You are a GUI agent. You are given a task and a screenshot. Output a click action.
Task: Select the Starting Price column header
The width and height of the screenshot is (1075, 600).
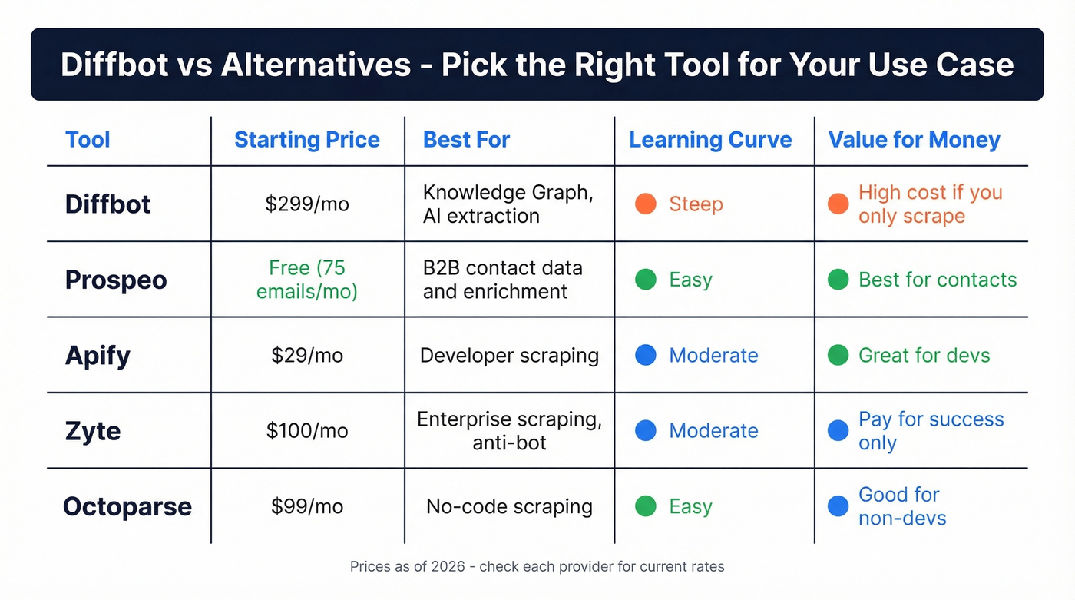[x=306, y=140]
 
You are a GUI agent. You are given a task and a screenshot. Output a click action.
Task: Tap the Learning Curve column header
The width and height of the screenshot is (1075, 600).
[x=710, y=140]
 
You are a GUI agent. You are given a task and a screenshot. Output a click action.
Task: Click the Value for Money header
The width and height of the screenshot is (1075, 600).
[x=914, y=140]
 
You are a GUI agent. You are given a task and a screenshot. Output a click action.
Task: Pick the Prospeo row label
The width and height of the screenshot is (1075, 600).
[x=116, y=280]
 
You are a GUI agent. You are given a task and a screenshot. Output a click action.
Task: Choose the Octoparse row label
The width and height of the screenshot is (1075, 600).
[x=127, y=506]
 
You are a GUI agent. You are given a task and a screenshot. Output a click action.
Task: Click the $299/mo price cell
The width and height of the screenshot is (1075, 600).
[x=307, y=204]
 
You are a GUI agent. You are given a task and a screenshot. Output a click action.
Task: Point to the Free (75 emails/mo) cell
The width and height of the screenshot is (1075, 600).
[x=307, y=280]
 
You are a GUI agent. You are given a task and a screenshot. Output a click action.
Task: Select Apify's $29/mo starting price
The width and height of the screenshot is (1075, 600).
[x=307, y=355]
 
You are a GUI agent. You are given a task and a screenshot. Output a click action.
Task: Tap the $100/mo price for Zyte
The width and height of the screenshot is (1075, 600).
[x=307, y=431]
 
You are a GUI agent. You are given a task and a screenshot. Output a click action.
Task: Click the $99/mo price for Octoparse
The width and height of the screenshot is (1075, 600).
[x=307, y=506]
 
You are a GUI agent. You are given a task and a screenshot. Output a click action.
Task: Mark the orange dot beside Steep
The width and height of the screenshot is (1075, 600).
[x=646, y=204]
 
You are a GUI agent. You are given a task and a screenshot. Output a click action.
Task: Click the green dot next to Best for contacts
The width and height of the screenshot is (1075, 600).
[x=838, y=280]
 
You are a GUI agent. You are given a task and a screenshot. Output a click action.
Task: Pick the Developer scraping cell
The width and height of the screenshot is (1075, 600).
[x=509, y=355]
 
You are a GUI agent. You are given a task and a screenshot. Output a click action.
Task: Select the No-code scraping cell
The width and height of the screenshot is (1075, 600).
[x=509, y=506]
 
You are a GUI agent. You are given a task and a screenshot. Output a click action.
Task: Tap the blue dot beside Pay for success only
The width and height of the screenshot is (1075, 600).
[x=838, y=431]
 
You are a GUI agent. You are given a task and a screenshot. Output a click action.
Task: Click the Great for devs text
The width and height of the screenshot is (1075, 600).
[x=924, y=355]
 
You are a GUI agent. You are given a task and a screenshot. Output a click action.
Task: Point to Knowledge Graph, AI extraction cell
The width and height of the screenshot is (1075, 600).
[x=508, y=204]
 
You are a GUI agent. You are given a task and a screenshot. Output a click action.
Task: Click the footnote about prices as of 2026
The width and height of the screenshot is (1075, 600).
[x=537, y=567]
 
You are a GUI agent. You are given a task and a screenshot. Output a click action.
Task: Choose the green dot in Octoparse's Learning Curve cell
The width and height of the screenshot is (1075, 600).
[x=646, y=506]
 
